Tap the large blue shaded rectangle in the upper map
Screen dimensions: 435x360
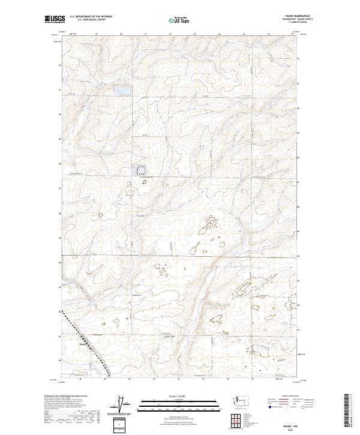[122, 91]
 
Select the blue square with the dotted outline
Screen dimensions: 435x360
[142, 171]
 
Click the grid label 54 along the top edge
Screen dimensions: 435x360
[219, 34]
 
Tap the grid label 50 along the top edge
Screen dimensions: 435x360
[121, 34]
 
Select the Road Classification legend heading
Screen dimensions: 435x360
[289, 397]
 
